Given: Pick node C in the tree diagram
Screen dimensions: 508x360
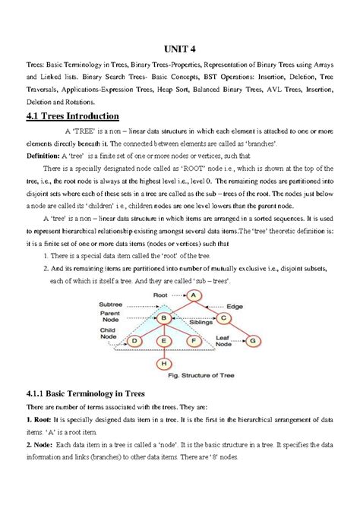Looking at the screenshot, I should tap(223, 318).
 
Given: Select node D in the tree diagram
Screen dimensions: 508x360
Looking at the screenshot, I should tap(134, 342).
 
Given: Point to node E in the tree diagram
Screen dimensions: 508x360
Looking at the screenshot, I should tap(163, 342).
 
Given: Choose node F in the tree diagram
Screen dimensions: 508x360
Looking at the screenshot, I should tap(193, 342).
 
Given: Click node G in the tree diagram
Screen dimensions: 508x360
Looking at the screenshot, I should tap(253, 341).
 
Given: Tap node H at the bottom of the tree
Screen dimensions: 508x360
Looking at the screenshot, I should tap(163, 364).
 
